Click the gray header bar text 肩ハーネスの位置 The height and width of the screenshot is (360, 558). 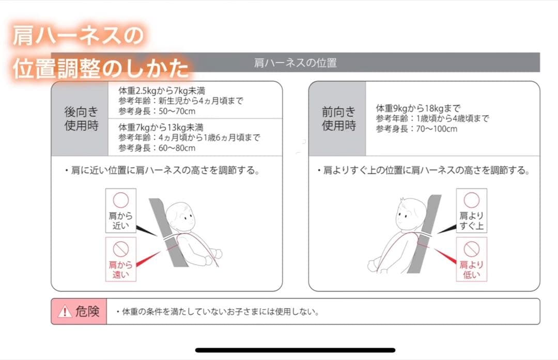tap(295, 63)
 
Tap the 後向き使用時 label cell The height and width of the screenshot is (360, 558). tap(81, 118)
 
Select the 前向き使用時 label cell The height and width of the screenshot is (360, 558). tap(338, 118)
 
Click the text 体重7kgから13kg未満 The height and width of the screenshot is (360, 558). tap(161, 127)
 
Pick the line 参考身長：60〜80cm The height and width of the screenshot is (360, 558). tap(157, 148)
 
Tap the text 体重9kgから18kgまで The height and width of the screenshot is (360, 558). tap(417, 108)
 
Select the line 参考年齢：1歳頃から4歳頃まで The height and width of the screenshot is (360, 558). tap(432, 119)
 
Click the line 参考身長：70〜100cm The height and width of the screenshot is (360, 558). tap(416, 129)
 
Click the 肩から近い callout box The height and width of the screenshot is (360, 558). tap(120, 211)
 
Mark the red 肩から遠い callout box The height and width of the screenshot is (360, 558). tap(120, 259)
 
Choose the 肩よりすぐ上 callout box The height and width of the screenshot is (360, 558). tap(471, 211)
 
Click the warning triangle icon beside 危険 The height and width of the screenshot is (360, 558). tap(64, 311)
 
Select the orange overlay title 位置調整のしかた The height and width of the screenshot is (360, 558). tap(101, 68)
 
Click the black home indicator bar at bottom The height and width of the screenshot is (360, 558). tap(295, 350)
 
